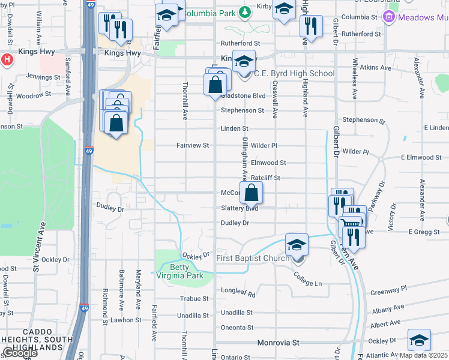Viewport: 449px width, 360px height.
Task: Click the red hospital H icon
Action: pyautogui.click(x=7, y=60)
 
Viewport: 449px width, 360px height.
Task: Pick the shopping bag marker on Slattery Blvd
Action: pyautogui.click(x=252, y=193)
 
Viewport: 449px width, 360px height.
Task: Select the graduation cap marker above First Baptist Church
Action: pyautogui.click(x=297, y=245)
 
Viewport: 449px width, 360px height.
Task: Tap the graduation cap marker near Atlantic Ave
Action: pyautogui.click(x=419, y=340)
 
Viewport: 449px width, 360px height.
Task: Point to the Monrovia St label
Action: pyautogui.click(x=278, y=343)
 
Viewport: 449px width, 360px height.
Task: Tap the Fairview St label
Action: pyautogui.click(x=192, y=145)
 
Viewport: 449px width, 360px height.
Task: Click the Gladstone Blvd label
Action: pyautogui.click(x=243, y=95)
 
